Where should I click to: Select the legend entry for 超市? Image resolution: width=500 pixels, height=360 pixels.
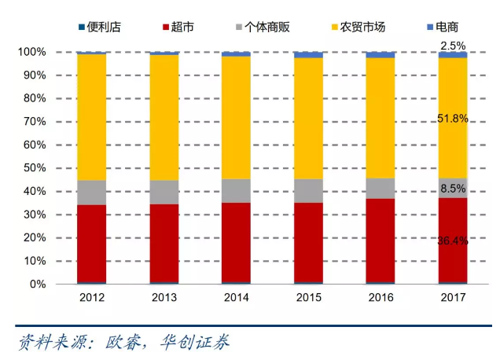pyautogui.click(x=181, y=28)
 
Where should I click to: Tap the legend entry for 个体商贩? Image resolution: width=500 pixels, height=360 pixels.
pyautogui.click(x=261, y=28)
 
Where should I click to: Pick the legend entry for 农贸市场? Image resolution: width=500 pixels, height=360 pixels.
pyautogui.click(x=357, y=28)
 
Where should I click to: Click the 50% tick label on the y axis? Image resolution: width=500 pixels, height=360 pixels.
pyautogui.click(x=35, y=168)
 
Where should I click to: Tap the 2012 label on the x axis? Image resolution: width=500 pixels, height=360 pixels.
pyautogui.click(x=92, y=298)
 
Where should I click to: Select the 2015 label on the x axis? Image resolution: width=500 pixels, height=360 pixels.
pyautogui.click(x=308, y=298)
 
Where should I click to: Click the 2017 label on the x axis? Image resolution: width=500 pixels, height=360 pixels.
pyautogui.click(x=452, y=298)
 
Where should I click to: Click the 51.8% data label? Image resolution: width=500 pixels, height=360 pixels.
pyautogui.click(x=453, y=119)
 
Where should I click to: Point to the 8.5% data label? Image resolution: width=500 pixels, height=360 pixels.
pyautogui.click(x=453, y=189)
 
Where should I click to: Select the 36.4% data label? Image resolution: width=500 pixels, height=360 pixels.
pyautogui.click(x=453, y=241)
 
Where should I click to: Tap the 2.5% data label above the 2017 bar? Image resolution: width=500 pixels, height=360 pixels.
pyautogui.click(x=453, y=46)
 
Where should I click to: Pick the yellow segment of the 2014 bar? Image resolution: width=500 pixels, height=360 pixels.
pyautogui.click(x=236, y=118)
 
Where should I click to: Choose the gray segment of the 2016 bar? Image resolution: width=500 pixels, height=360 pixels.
pyautogui.click(x=380, y=189)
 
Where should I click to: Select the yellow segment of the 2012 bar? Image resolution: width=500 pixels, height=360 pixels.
pyautogui.click(x=92, y=118)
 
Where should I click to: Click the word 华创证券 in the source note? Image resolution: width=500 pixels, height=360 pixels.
pyautogui.click(x=195, y=343)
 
